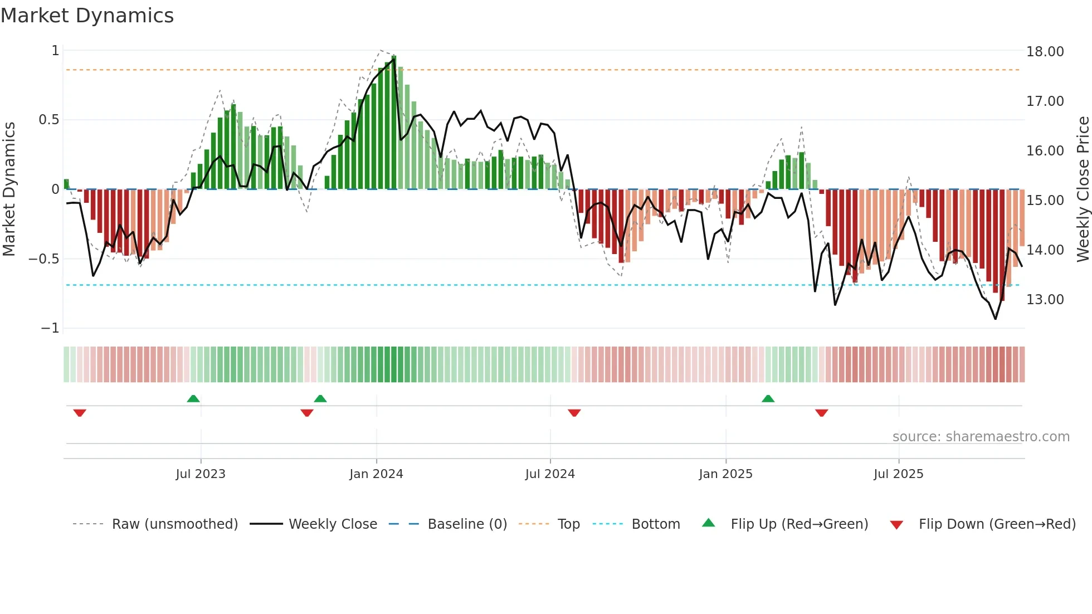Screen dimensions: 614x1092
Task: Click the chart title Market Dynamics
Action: click(87, 16)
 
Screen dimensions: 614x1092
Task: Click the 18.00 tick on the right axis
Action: click(1045, 52)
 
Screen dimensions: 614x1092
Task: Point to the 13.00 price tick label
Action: click(1045, 300)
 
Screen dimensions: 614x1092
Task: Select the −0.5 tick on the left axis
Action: click(43, 259)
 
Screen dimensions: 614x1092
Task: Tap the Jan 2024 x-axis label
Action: click(376, 474)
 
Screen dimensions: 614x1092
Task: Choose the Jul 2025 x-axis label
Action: click(898, 474)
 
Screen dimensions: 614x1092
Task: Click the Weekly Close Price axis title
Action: click(1083, 189)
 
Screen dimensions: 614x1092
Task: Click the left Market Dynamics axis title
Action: click(9, 189)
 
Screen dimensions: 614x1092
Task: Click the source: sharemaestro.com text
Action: click(981, 437)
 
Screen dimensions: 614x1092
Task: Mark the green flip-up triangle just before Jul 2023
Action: click(193, 399)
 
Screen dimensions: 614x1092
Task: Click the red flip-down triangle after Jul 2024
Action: click(574, 413)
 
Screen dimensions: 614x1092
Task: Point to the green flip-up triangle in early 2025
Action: click(768, 399)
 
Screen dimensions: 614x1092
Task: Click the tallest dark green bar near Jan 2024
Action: click(394, 123)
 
